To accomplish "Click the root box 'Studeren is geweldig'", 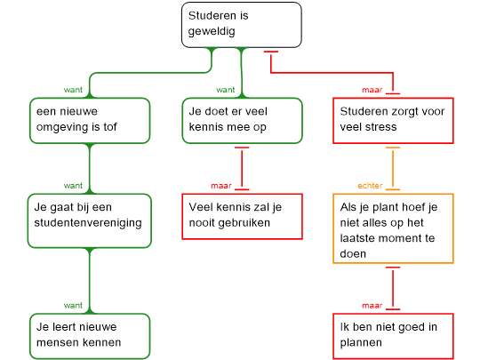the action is tap(242, 25).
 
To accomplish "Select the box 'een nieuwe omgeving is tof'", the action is tap(90, 121).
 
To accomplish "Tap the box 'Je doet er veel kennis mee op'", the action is tap(242, 121).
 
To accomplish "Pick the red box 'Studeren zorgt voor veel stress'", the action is tap(393, 121).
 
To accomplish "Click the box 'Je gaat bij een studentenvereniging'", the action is tap(90, 220).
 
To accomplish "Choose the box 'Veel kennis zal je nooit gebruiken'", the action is tap(242, 216).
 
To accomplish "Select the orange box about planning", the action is tap(393, 228).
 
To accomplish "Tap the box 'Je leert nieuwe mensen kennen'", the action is tap(90, 336).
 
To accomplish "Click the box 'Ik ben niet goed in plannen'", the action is tap(393, 336).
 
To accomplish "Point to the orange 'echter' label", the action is tap(370, 186).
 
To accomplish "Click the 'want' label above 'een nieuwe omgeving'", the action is tap(73, 90).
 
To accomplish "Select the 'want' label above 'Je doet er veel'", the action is tap(226, 90).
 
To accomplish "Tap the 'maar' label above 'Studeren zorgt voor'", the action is tap(372, 90).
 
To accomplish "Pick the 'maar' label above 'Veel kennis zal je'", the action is tap(221, 186).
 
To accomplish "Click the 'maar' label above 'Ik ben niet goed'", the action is tap(372, 306).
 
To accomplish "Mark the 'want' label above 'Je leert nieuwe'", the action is tap(73, 306).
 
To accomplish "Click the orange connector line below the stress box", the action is tap(393, 169).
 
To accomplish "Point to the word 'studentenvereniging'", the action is tap(88, 223).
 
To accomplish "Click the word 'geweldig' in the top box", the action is tap(212, 31).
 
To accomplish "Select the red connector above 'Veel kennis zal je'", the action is tap(242, 169).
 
